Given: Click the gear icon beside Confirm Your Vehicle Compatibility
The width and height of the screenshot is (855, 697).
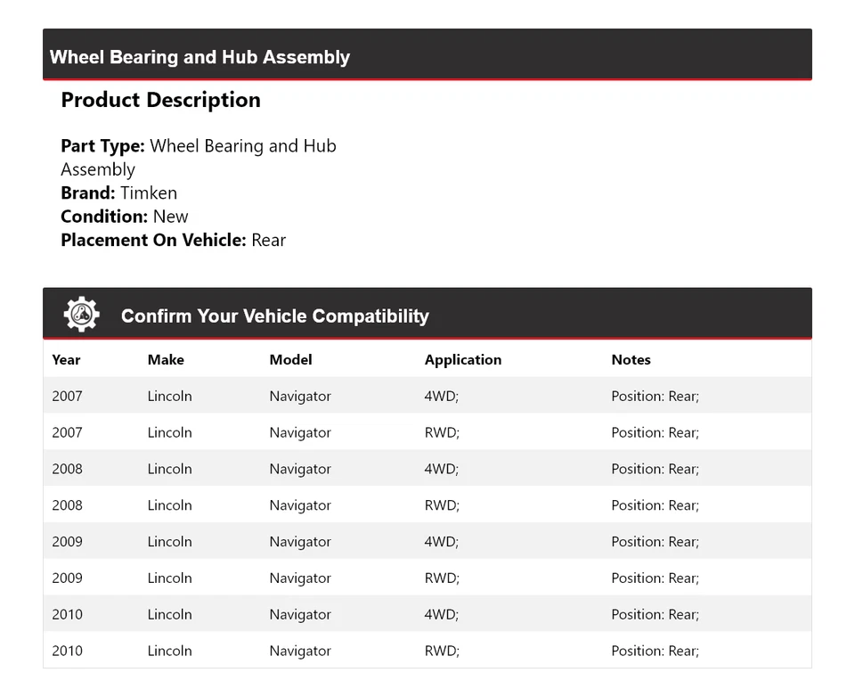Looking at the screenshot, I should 81,315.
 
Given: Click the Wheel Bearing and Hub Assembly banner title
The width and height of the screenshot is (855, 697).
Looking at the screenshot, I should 199,57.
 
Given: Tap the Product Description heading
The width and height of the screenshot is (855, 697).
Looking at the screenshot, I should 160,100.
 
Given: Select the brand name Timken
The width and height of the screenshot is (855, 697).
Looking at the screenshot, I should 149,193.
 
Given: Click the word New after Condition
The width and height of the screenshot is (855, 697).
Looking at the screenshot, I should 171,217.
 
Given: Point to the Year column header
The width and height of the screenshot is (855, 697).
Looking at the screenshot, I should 66,360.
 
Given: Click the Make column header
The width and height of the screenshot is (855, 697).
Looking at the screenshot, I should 166,360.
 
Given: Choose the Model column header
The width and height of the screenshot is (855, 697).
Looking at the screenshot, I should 290,360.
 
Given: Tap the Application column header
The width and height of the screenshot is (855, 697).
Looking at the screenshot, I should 462,360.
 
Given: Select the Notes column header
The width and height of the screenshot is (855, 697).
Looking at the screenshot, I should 631,360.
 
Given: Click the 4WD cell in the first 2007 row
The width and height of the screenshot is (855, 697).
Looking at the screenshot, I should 441,397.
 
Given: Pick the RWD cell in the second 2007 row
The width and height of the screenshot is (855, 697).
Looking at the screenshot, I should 442,433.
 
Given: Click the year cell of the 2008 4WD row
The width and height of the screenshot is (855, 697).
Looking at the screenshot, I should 67,470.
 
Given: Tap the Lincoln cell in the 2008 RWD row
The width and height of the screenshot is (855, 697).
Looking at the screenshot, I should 169,505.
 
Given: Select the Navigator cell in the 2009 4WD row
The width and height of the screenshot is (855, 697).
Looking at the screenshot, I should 300,542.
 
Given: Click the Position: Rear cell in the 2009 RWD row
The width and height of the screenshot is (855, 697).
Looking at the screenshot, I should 655,578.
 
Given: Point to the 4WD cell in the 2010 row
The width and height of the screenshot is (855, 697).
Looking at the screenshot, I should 441,615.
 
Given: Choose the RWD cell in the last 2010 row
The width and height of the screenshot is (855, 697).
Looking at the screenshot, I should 442,652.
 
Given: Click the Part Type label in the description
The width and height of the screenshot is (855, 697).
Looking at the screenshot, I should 102,146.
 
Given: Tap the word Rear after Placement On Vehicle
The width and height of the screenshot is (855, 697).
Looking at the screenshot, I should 268,240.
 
